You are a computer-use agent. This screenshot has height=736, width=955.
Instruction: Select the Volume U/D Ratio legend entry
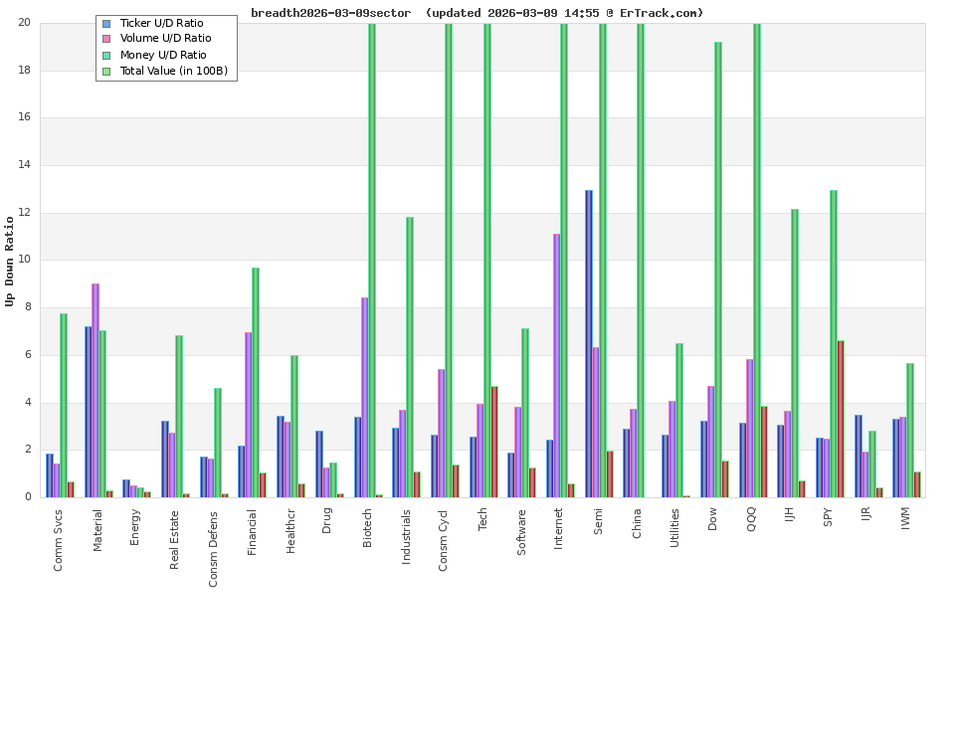[x=165, y=39]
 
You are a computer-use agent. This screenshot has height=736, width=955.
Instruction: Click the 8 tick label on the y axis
[x=27, y=307]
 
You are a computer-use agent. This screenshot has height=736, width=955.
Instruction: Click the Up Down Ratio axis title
[x=11, y=261]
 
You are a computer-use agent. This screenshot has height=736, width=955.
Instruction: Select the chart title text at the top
[x=477, y=13]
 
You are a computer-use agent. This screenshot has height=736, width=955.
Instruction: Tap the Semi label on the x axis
[x=598, y=521]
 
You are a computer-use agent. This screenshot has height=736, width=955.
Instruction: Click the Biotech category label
[x=367, y=527]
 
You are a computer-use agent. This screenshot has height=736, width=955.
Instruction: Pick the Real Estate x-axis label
[x=175, y=539]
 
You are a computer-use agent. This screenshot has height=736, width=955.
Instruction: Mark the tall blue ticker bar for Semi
[x=589, y=343]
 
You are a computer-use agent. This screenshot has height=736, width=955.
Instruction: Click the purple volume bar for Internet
[x=557, y=365]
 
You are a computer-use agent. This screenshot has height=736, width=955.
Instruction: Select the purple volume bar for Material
[x=95, y=390]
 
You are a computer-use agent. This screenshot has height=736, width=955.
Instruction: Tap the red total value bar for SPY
[x=841, y=419]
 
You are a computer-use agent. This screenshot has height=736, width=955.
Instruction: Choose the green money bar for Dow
[x=718, y=269]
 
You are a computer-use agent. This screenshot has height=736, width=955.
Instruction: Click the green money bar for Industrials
[x=410, y=356]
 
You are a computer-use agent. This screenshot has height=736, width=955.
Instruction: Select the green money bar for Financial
[x=256, y=382]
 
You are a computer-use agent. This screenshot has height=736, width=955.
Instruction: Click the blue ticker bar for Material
[x=89, y=411]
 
